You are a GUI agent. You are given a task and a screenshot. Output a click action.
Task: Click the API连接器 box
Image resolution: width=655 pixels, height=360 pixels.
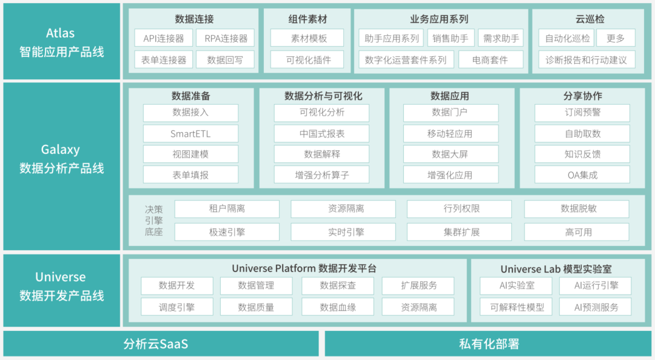pos(163,38)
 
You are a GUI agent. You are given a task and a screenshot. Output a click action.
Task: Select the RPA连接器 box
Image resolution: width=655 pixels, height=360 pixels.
pos(226,38)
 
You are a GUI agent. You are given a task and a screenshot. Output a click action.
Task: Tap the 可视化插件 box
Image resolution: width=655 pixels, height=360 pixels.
pos(307,60)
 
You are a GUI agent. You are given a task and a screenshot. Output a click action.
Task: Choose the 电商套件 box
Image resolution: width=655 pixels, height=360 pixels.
pos(491,60)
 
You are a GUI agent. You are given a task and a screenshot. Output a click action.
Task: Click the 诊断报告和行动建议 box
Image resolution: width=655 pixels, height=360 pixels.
pos(586,60)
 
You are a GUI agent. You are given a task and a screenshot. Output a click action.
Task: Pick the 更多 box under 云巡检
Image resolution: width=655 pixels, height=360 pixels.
pos(616,38)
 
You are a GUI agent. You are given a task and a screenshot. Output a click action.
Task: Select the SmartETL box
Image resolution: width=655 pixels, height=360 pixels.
pos(190,134)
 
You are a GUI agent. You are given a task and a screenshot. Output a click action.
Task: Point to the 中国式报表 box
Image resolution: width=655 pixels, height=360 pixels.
pos(321,134)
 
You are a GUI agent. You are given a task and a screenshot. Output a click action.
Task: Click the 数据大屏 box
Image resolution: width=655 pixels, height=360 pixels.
pos(451,154)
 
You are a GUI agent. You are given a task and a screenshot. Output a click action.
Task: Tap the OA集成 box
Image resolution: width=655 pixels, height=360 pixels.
pos(582,175)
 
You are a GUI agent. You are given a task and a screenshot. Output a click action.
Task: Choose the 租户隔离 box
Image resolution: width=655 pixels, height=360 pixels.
pos(227,209)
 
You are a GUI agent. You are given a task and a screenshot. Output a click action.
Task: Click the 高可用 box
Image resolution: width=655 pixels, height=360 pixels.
pos(577,232)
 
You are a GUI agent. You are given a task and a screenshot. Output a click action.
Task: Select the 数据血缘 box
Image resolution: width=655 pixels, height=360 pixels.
pos(338,307)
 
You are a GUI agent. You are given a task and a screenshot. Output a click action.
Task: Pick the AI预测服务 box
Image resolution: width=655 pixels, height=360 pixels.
pos(596,307)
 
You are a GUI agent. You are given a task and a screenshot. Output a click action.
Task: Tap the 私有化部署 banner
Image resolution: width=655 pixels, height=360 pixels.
pos(488,344)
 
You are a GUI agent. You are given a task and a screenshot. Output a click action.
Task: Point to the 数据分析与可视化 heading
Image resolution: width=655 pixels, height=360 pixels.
pos(323,96)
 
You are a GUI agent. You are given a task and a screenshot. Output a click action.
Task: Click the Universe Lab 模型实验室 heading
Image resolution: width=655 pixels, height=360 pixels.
pos(556,269)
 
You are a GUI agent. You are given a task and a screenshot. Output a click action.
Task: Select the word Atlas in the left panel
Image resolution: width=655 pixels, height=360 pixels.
pos(61,33)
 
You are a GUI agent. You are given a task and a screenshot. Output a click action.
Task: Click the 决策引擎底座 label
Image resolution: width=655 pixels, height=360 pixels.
pos(153,221)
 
